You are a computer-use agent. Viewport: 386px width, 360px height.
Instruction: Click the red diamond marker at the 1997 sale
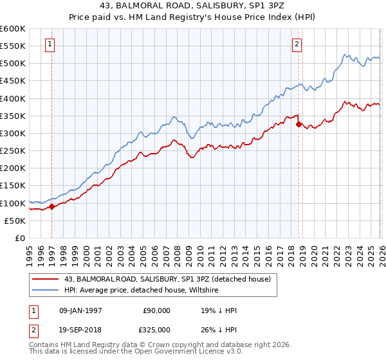[x=52, y=207]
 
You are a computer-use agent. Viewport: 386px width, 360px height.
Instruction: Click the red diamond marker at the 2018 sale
[x=299, y=125]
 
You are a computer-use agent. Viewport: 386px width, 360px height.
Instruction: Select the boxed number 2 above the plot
[x=297, y=44]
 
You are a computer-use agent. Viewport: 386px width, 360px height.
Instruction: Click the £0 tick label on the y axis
[x=21, y=238]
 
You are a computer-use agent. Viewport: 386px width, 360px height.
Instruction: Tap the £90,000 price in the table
[x=156, y=310]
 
